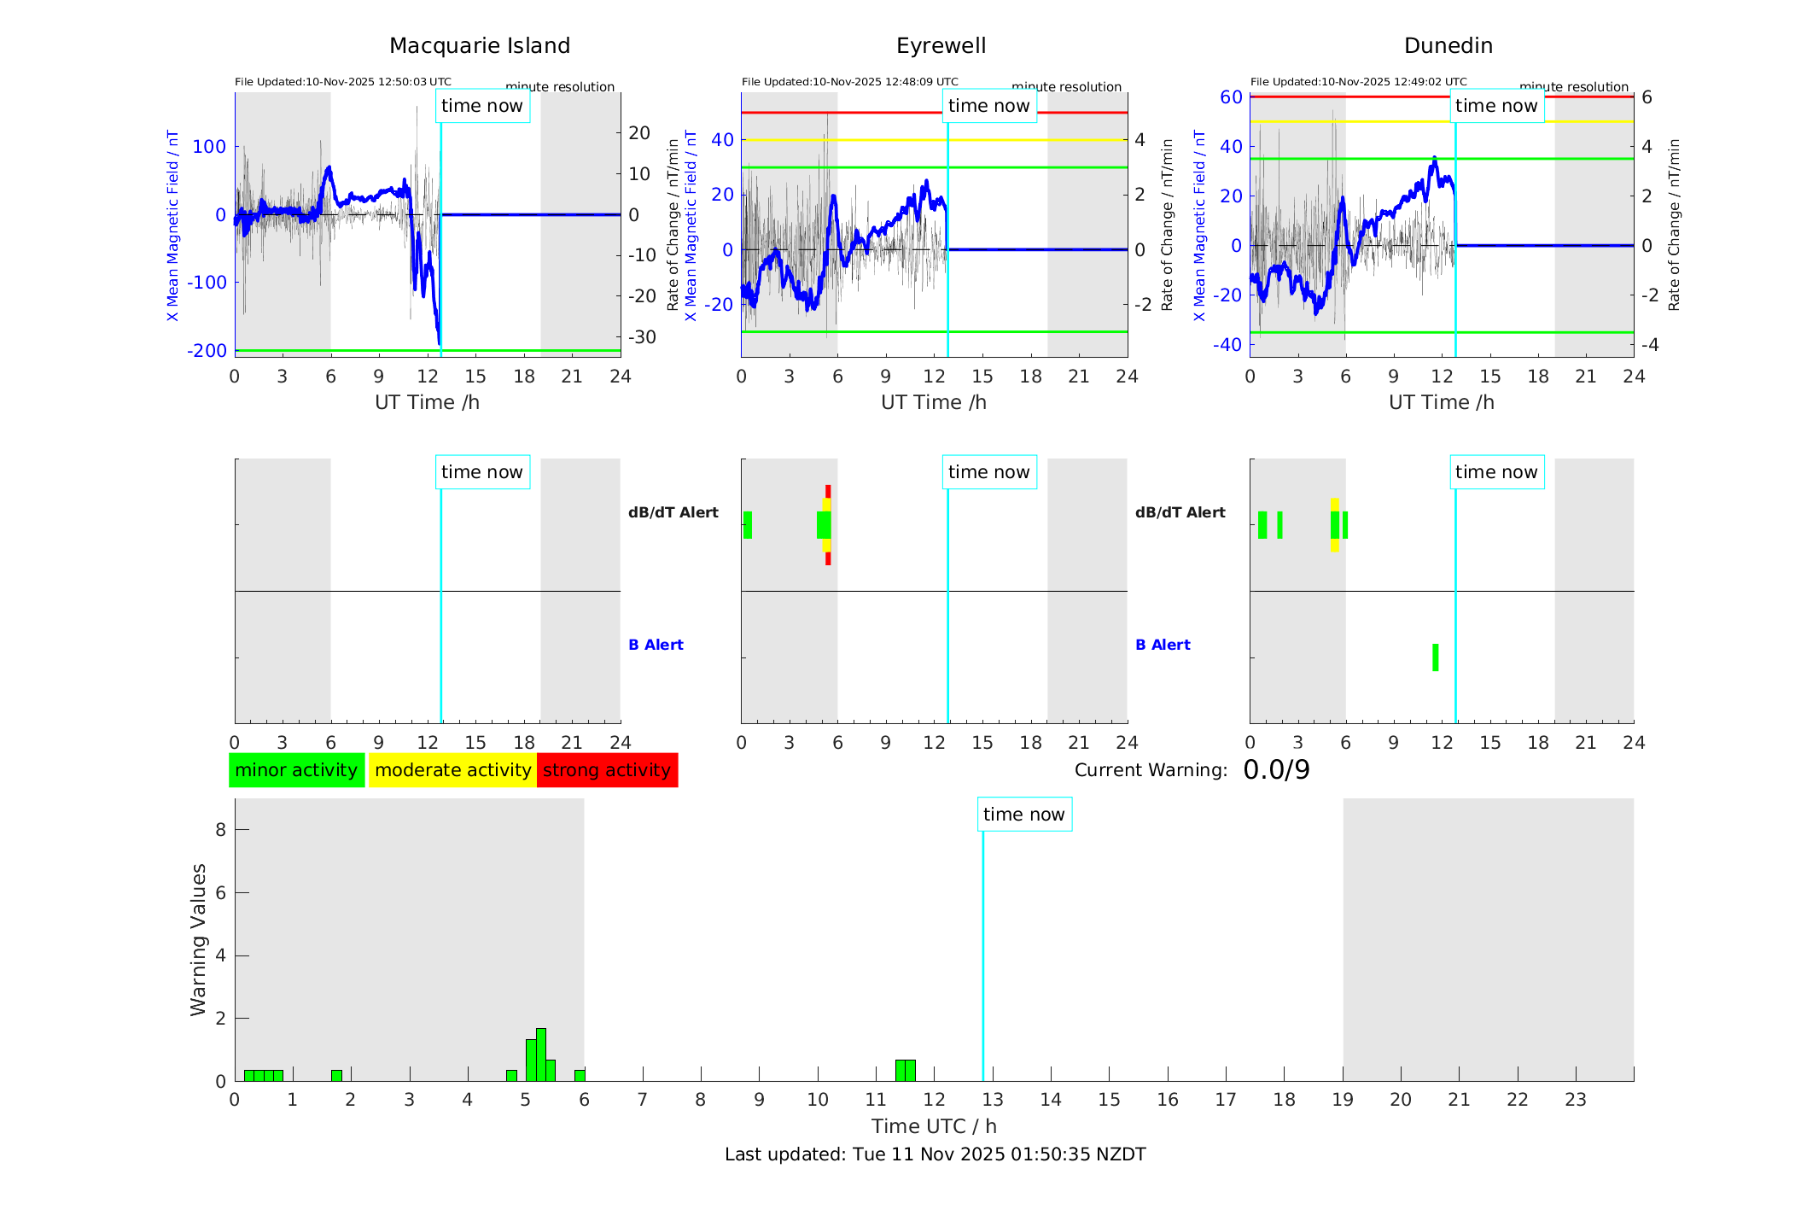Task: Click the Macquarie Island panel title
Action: [x=480, y=46]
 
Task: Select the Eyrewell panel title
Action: [x=941, y=46]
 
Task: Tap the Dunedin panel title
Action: [x=1448, y=46]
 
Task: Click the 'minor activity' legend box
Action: [x=296, y=770]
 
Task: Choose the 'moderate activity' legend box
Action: [x=452, y=770]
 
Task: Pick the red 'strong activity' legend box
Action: [x=607, y=770]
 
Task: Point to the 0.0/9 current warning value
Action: [x=1276, y=770]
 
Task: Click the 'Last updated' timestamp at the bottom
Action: [x=935, y=1154]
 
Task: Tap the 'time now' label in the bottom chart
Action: [x=1023, y=815]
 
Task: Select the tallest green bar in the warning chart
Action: [x=541, y=1055]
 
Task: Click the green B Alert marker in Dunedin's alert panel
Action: [x=1435, y=657]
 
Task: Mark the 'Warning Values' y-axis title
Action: [x=198, y=939]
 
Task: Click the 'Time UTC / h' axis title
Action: [x=934, y=1126]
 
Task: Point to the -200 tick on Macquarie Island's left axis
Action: [x=207, y=351]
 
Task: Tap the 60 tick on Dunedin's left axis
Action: [x=1231, y=97]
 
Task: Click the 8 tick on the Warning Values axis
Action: [x=220, y=829]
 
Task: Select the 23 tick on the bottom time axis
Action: [x=1575, y=1100]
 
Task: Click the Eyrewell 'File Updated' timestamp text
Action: [x=849, y=82]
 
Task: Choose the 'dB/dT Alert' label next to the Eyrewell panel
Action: [x=1180, y=512]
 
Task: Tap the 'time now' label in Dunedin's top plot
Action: [x=1496, y=106]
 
